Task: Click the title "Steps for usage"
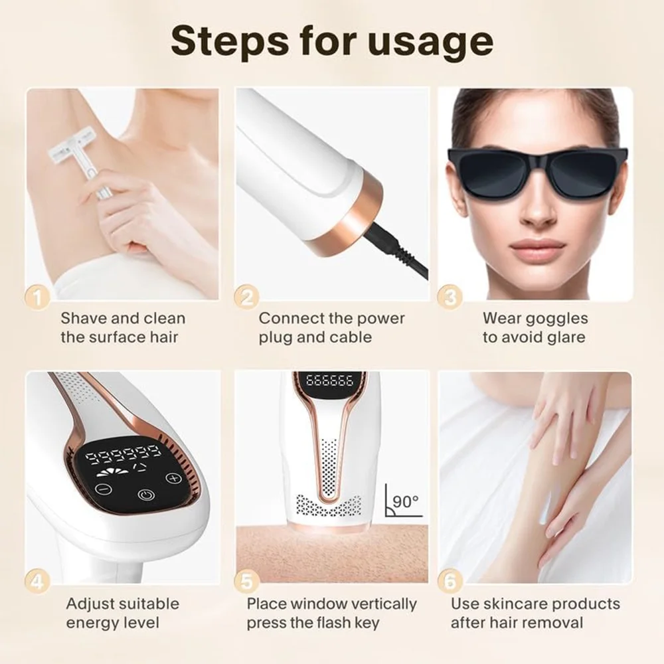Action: [x=332, y=41]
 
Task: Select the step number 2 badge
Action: [x=247, y=297]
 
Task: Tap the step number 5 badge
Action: [x=247, y=582]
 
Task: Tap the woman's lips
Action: [x=537, y=246]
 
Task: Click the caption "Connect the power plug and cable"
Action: [x=331, y=327]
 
